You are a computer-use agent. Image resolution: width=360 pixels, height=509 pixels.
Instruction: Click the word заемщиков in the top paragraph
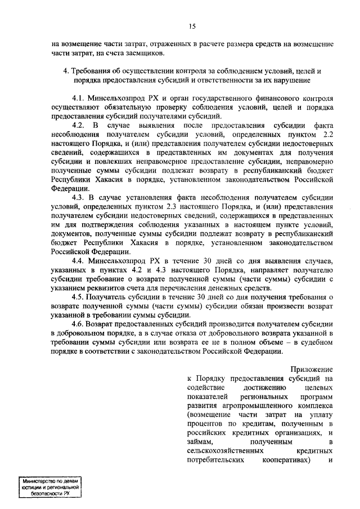coord(144,53)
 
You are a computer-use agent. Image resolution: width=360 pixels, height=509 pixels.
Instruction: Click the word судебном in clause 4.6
coord(318,343)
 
